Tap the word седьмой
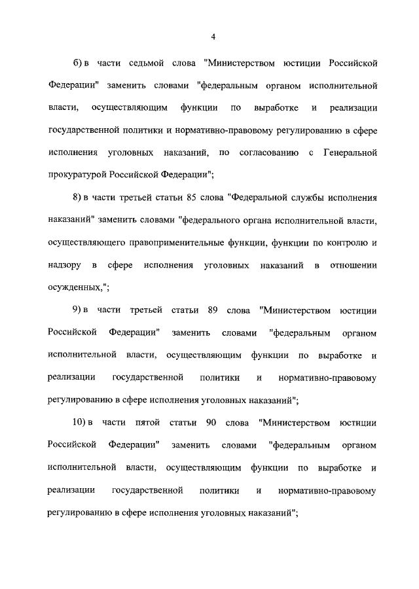(139, 63)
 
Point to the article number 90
(211, 422)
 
